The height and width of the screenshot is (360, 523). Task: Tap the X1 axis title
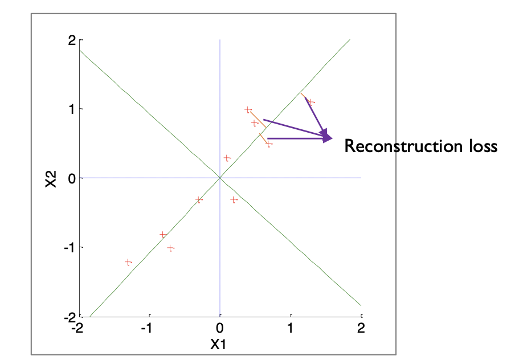coord(219,344)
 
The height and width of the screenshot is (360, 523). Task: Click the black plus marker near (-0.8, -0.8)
coord(164,234)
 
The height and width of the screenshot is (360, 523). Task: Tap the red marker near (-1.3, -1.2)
coord(128,262)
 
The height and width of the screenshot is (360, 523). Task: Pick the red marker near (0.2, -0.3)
coord(234,199)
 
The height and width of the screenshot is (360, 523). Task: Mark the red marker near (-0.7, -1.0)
coord(170,248)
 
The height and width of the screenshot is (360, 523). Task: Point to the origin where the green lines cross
coord(220,178)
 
